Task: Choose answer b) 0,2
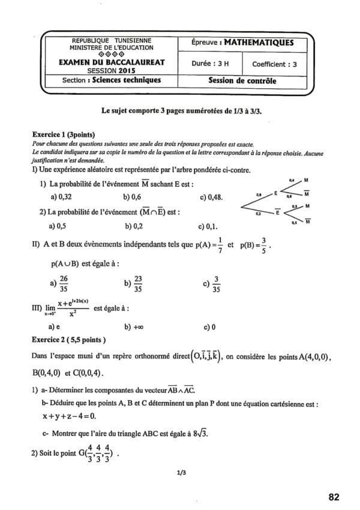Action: (134, 227)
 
